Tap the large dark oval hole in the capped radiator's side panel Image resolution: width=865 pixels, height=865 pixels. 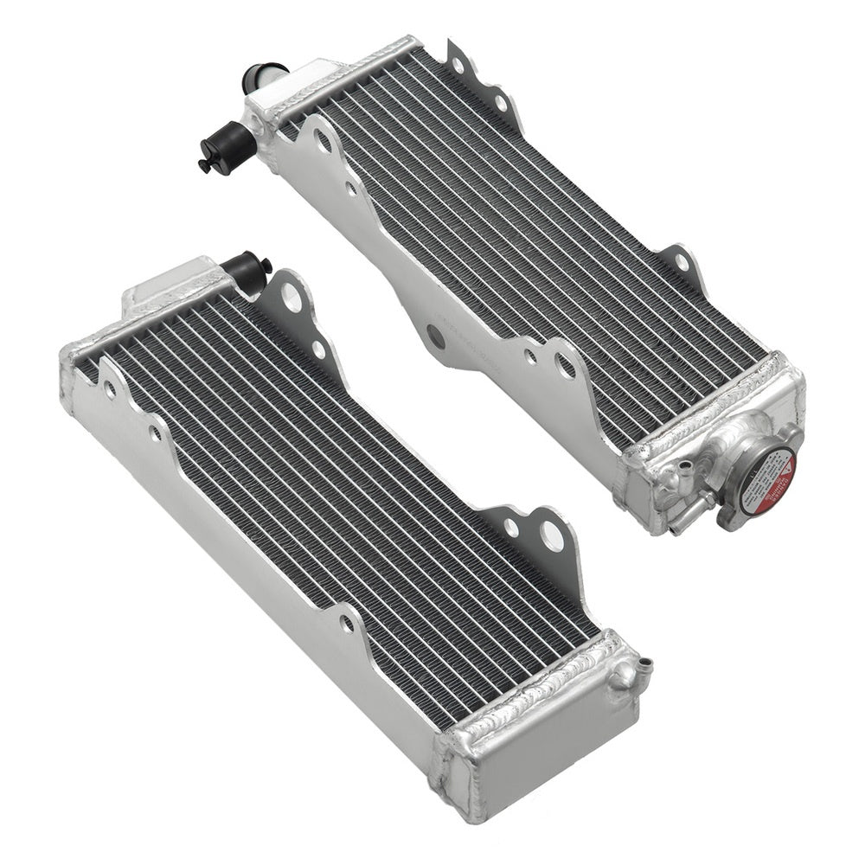(x=436, y=336)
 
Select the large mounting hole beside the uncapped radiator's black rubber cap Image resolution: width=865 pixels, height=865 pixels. (x=292, y=298)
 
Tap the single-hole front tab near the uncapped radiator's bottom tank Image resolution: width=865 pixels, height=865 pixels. (x=345, y=623)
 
